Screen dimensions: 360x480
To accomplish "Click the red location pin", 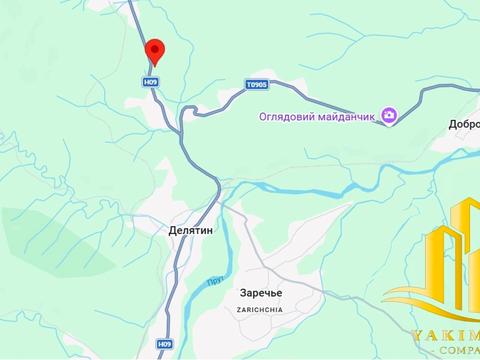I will coord(154,52).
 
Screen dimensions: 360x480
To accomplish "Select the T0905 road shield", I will coord(256,86).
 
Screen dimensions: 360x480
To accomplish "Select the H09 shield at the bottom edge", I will coord(164,344).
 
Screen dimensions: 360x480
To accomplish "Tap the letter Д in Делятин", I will coord(160,229).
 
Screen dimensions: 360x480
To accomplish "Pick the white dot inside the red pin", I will coord(154,48).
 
